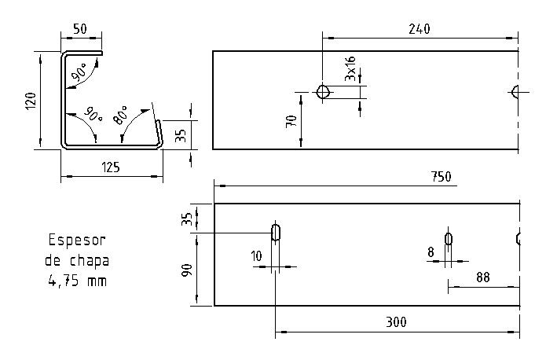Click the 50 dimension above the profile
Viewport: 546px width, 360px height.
coord(79,29)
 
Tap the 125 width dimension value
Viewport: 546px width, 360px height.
coord(111,167)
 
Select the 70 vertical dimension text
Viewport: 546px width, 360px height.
coord(291,121)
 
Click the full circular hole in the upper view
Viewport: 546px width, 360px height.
coord(322,92)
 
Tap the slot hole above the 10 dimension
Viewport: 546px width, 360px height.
coord(276,233)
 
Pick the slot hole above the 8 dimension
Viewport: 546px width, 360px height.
coord(449,239)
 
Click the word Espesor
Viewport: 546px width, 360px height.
coord(77,240)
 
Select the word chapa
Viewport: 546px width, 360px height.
coord(89,259)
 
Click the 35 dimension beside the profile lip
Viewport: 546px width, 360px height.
coord(180,135)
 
